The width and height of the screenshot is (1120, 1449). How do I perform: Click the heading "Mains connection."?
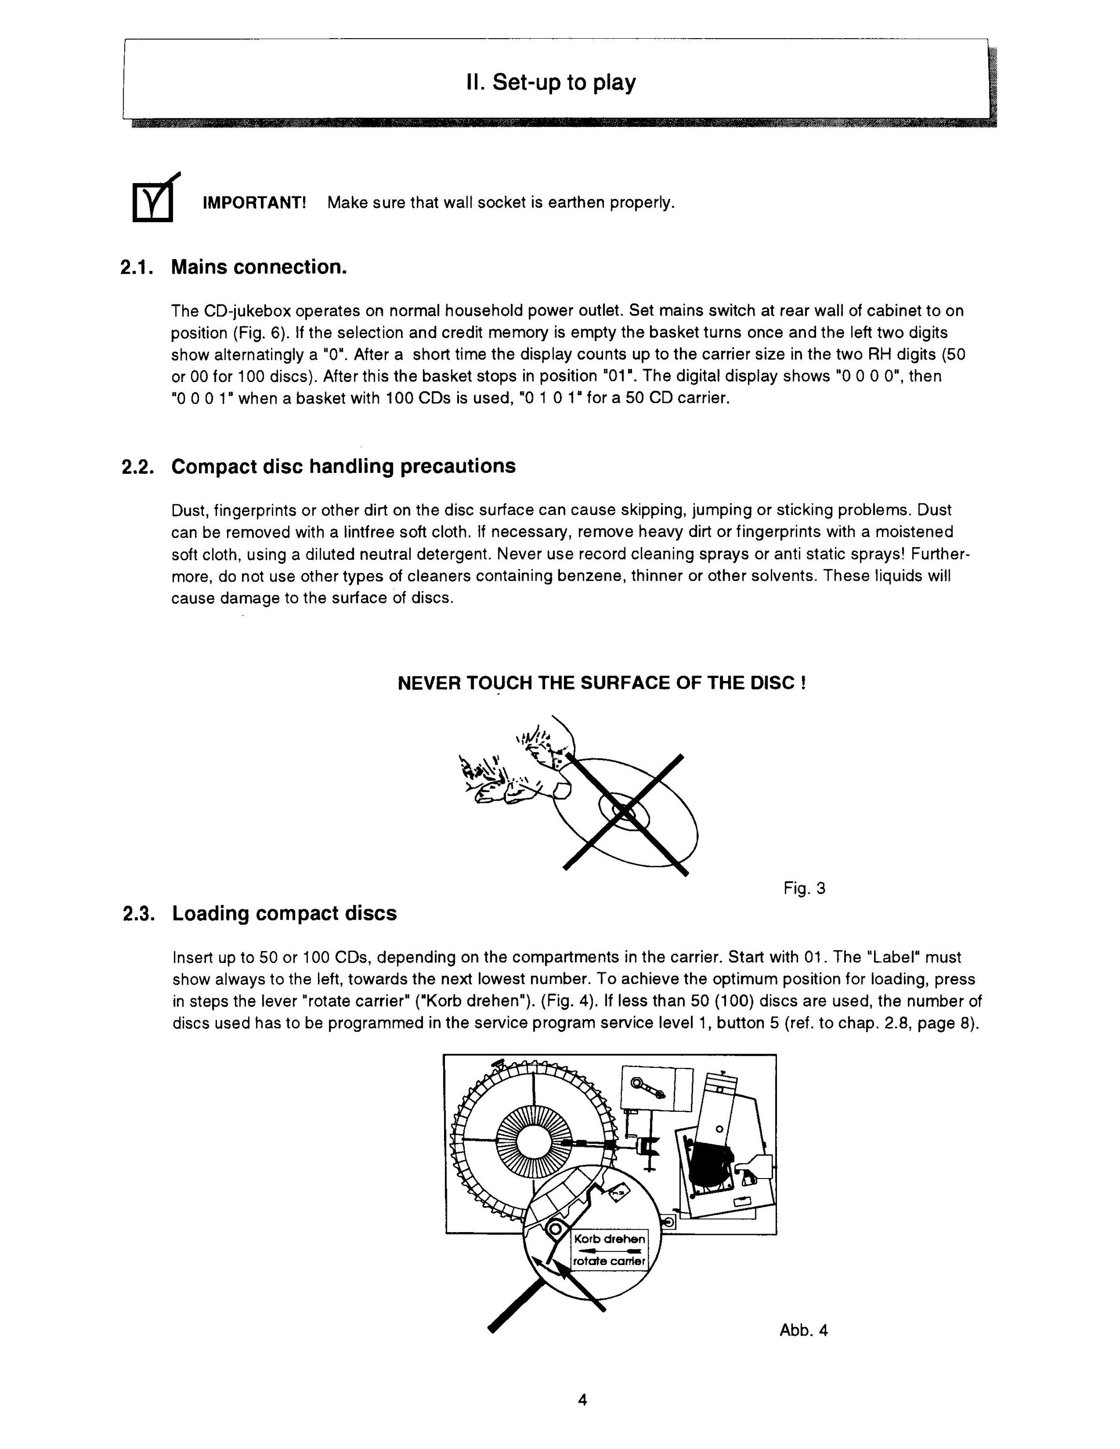259,268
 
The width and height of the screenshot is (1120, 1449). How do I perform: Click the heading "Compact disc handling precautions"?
344,467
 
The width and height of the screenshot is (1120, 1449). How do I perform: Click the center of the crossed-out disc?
624,811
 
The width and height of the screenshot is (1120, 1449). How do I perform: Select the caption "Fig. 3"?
804,888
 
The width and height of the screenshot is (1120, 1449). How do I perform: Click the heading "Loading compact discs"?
284,913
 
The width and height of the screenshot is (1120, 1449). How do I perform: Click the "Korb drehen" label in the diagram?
609,1239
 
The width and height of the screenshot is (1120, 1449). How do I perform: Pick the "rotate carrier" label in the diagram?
609,1261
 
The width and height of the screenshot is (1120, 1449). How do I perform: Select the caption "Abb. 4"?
804,1330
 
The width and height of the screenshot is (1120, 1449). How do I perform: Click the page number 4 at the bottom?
583,1401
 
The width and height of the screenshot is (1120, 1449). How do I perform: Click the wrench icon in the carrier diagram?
647,1088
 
